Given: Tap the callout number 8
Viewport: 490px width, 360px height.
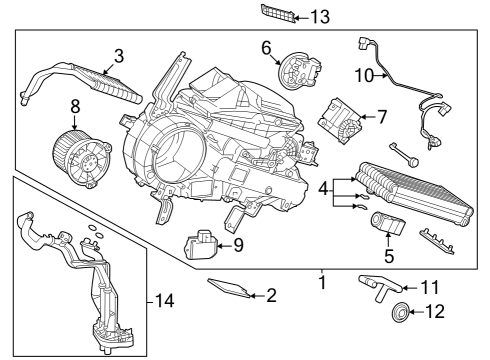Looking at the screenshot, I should [74, 105].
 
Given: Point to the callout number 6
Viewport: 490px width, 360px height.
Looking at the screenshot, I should [267, 47].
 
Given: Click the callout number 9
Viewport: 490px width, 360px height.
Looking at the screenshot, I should [237, 245].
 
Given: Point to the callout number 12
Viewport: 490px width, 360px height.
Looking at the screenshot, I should [433, 312].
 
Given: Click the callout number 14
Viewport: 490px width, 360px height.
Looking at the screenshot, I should [165, 298].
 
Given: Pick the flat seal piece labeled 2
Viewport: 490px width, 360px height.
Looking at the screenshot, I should [229, 289].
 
